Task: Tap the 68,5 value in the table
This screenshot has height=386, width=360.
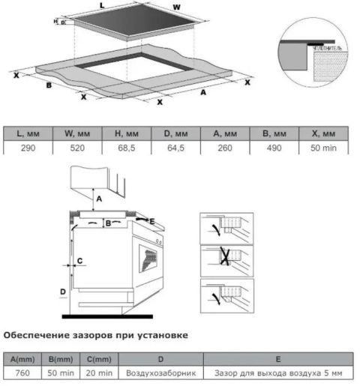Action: coord(126,148)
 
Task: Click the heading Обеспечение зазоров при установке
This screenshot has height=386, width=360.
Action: coord(95,334)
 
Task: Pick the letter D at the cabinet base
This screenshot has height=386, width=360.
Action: coord(63,292)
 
